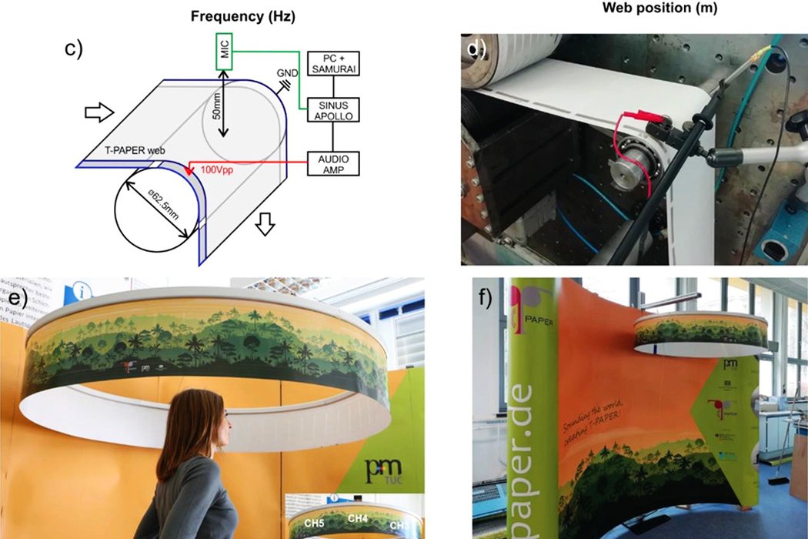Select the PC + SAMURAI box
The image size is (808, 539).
coord(332,64)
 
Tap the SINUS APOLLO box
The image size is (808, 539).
coord(332,109)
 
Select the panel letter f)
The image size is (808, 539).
coord(486,297)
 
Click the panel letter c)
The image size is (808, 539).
coord(74,49)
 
